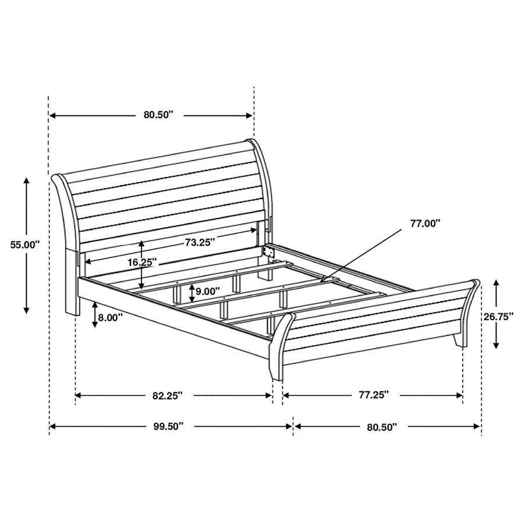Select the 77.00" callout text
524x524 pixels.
tap(425, 222)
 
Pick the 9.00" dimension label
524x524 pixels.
tap(208, 291)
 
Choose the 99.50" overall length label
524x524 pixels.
tap(168, 427)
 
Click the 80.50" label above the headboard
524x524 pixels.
tap(159, 115)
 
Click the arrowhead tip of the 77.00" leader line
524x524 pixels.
tap(321, 281)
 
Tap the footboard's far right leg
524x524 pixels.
tap(461, 339)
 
